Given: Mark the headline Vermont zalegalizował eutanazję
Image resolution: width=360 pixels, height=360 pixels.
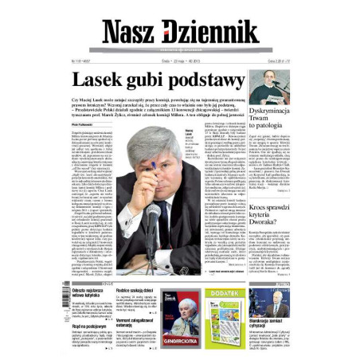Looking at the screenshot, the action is (x=135, y=323).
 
